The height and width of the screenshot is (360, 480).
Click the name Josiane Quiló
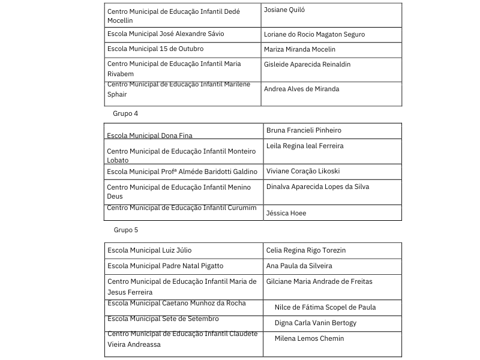pyautogui.click(x=285, y=10)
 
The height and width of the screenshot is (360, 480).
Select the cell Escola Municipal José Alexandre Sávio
pyautogui.click(x=166, y=34)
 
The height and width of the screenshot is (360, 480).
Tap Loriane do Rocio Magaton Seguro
pyautogui.click(x=314, y=35)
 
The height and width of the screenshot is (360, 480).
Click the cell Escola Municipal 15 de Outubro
pyautogui.click(x=155, y=49)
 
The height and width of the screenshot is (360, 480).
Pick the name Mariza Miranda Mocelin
pyautogui.click(x=299, y=49)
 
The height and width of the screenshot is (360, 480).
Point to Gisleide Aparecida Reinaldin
pyautogui.click(x=307, y=64)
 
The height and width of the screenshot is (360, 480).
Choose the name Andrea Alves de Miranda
pyautogui.click(x=301, y=89)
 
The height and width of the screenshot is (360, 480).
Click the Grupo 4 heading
pyautogui.click(x=125, y=113)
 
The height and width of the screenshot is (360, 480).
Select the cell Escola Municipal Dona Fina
pyautogui.click(x=150, y=136)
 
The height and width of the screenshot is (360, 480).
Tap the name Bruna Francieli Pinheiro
pyautogui.click(x=304, y=130)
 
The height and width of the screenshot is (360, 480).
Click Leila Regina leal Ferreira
pyautogui.click(x=305, y=146)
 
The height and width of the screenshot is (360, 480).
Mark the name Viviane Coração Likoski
pyautogui.click(x=303, y=171)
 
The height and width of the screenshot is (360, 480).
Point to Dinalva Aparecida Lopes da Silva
pyautogui.click(x=317, y=187)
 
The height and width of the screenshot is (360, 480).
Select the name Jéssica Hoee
pyautogui.click(x=286, y=213)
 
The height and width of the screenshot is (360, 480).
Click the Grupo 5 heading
pyautogui.click(x=126, y=230)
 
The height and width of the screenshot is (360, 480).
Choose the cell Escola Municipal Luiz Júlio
pyautogui.click(x=149, y=250)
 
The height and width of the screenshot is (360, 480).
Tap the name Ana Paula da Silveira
pyautogui.click(x=299, y=266)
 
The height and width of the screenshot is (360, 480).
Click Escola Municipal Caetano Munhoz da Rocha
pyautogui.click(x=176, y=303)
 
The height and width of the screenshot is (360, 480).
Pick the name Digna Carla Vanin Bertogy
pyautogui.click(x=316, y=323)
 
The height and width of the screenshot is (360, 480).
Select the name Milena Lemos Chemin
pyautogui.click(x=310, y=338)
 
